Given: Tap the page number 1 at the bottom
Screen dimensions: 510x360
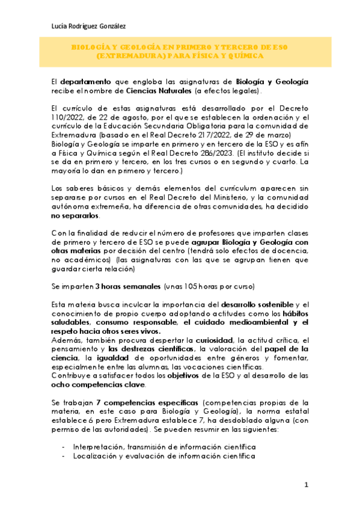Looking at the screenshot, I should click(x=306, y=485).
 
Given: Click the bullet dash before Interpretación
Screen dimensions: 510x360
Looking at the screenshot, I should click(x=64, y=447).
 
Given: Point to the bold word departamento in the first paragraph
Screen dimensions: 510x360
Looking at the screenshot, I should click(x=85, y=81).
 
